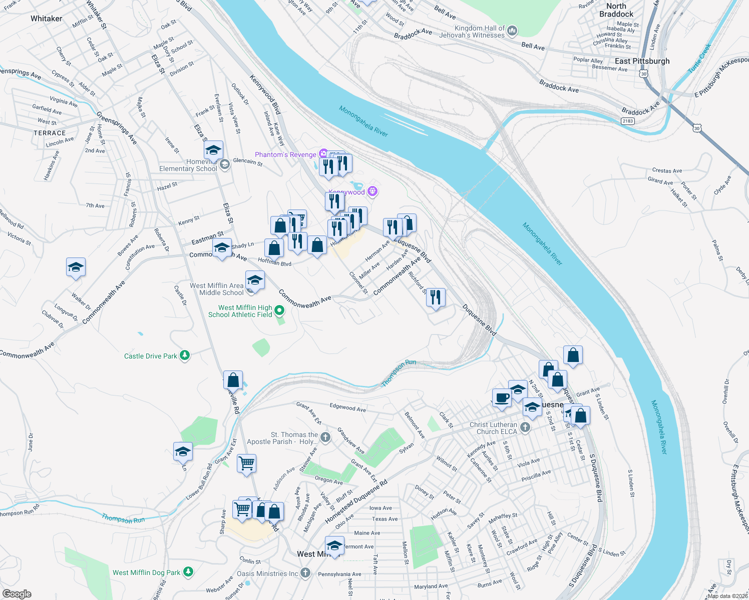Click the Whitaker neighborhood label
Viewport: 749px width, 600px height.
pyautogui.click(x=46, y=18)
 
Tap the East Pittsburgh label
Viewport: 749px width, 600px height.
pyautogui.click(x=642, y=61)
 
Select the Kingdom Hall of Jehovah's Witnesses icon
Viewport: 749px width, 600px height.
pyautogui.click(x=512, y=31)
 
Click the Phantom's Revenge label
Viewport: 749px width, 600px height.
pyautogui.click(x=285, y=154)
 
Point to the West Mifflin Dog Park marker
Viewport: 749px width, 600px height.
pyautogui.click(x=188, y=571)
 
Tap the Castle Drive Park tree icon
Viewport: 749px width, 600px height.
pyautogui.click(x=185, y=355)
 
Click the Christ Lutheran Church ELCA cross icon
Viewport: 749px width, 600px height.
pyautogui.click(x=525, y=427)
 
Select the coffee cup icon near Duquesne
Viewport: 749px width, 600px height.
pyautogui.click(x=502, y=398)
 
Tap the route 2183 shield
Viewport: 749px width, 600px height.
pyautogui.click(x=627, y=121)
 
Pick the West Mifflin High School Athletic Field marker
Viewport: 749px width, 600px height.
pyautogui.click(x=280, y=311)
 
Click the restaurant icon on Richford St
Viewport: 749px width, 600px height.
pyautogui.click(x=436, y=298)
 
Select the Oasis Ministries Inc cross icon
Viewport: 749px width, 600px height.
pyautogui.click(x=305, y=573)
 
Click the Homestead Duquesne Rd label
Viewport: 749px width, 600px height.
pyautogui.click(x=356, y=501)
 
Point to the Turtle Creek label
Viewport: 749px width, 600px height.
pyautogui.click(x=699, y=58)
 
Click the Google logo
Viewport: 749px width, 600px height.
pyautogui.click(x=17, y=593)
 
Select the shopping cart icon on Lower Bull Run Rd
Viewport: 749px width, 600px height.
pyautogui.click(x=246, y=463)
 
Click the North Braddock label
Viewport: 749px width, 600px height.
pyautogui.click(x=616, y=10)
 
